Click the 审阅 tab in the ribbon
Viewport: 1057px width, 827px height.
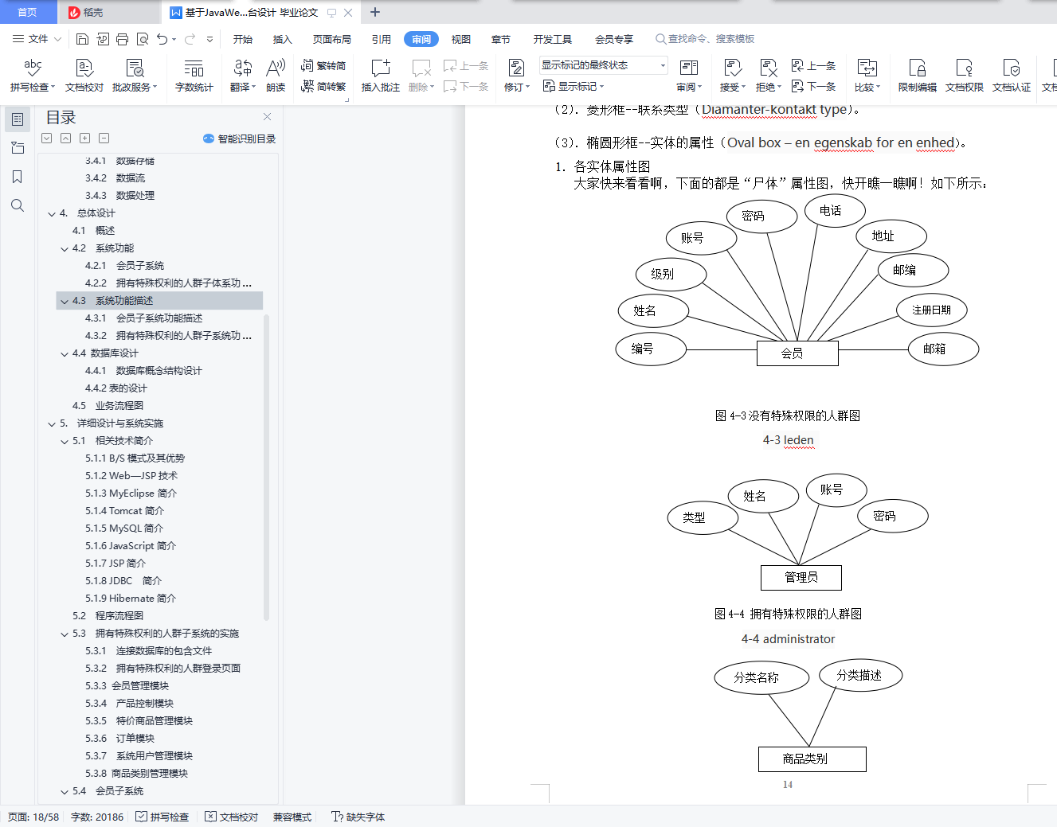[x=421, y=39]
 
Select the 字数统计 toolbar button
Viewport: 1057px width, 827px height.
[x=194, y=76]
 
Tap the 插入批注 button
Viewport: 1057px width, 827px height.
[x=381, y=76]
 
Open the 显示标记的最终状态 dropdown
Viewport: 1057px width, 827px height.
[x=603, y=65]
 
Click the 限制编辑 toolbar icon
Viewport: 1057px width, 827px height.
[x=917, y=76]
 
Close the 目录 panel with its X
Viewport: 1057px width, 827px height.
[x=267, y=117]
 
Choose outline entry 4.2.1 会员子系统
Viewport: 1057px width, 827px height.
[x=124, y=265]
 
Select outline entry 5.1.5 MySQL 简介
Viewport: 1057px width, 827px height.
[x=124, y=529]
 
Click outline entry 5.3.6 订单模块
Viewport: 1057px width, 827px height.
[x=119, y=738]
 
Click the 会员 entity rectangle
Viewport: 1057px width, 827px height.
[x=797, y=353]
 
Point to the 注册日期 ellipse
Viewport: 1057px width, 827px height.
[x=931, y=310]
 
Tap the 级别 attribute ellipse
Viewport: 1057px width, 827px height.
[x=671, y=274]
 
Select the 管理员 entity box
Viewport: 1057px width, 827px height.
[x=801, y=577]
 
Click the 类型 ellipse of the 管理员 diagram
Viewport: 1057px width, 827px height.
[x=703, y=517]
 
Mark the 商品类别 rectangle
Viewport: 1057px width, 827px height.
[x=812, y=759]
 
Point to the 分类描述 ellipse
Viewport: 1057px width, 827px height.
[x=860, y=675]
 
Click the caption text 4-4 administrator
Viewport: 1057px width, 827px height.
[x=788, y=639]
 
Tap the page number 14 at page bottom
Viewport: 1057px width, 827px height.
[x=788, y=784]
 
